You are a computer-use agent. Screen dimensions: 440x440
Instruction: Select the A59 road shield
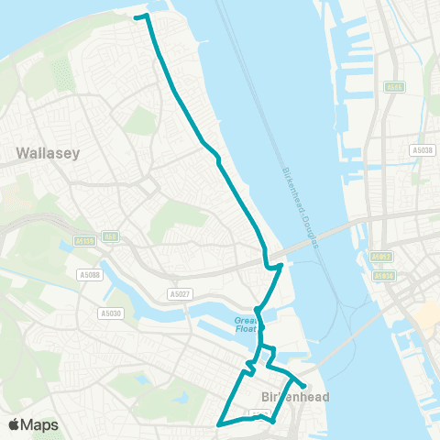coord(109,236)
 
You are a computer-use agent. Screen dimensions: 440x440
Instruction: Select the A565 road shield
coord(394,88)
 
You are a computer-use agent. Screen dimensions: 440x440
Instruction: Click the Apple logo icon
coord(16,424)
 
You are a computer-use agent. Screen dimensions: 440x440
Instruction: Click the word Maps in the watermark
coord(41,424)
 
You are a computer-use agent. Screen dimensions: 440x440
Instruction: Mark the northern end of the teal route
coord(136,16)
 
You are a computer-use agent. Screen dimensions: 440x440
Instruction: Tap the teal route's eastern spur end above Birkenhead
coord(304,386)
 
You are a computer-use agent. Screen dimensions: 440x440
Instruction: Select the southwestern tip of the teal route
coord(218,424)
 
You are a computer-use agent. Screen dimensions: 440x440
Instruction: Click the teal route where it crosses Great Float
coord(259,321)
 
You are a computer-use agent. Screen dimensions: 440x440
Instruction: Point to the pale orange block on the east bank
coord(427,317)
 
